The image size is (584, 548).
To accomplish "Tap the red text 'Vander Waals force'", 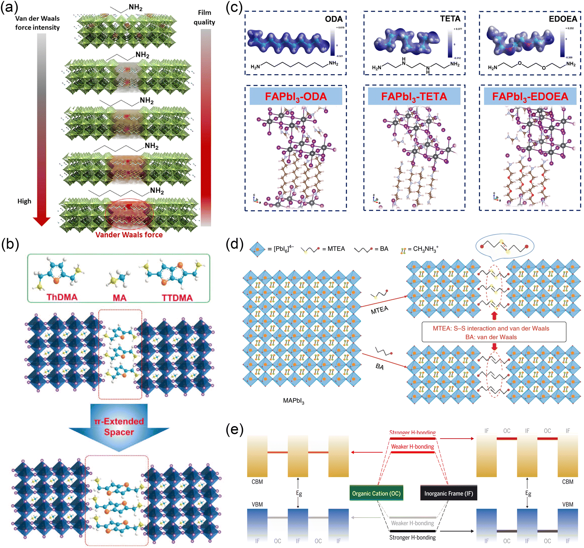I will (x=129, y=235).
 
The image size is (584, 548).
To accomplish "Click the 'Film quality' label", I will (x=204, y=17).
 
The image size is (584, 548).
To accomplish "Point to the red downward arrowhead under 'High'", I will (x=41, y=221).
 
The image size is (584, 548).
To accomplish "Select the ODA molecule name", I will (x=334, y=19).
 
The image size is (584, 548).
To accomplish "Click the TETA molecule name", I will (x=450, y=19).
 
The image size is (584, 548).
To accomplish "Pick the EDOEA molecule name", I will (x=563, y=19).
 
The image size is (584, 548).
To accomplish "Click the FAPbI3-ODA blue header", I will (x=296, y=96).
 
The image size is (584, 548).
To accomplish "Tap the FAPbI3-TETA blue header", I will (x=414, y=96).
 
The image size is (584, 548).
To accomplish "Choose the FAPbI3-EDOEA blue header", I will (x=530, y=96).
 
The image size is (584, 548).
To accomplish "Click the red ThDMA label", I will (x=62, y=297).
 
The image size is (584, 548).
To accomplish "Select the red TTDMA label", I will (x=177, y=298).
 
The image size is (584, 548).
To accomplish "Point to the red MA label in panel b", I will (x=120, y=298).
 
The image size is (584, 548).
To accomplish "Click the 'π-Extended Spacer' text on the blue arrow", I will (x=119, y=427).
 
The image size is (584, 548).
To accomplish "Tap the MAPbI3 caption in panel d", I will (x=294, y=401).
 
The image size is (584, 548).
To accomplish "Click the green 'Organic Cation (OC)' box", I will (x=376, y=494).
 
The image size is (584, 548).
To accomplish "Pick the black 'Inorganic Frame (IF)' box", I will (x=449, y=494).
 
